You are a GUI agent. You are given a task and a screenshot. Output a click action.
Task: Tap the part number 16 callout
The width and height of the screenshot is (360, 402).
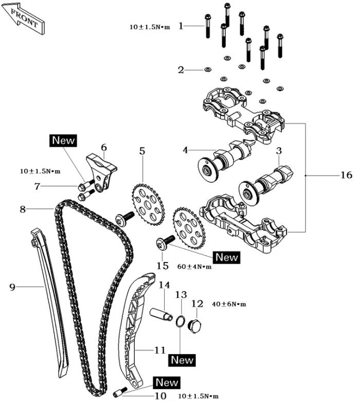tap(346, 175)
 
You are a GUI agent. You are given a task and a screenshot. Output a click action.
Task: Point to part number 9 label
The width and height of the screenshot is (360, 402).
tap(12, 287)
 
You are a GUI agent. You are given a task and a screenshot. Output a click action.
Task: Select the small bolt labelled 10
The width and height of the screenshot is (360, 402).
tap(122, 392)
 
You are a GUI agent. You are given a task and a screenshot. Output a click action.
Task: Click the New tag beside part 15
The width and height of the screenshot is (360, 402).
tap(226, 256)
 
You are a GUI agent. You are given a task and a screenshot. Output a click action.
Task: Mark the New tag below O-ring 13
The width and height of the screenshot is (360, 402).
tap(182, 360)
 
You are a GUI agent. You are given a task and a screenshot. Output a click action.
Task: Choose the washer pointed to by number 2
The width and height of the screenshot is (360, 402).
tap(207, 69)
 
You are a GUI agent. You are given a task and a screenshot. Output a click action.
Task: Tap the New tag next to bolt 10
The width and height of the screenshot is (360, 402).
tap(167, 382)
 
